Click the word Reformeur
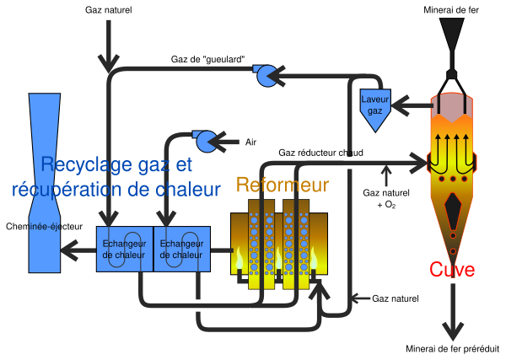click(x=282, y=185)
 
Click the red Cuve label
click(x=452, y=271)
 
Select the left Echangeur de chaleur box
click(x=125, y=249)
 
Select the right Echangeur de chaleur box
click(x=181, y=249)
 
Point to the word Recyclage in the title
click(x=81, y=164)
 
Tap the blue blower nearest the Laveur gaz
click(x=266, y=77)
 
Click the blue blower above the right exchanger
click(x=205, y=141)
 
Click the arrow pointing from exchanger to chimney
click(x=83, y=249)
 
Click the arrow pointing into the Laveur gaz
click(x=403, y=107)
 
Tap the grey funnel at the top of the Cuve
click(x=453, y=35)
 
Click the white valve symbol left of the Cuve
click(x=349, y=162)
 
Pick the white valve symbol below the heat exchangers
click(x=197, y=305)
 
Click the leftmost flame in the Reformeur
click(x=240, y=257)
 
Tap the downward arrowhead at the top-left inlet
click(x=109, y=62)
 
